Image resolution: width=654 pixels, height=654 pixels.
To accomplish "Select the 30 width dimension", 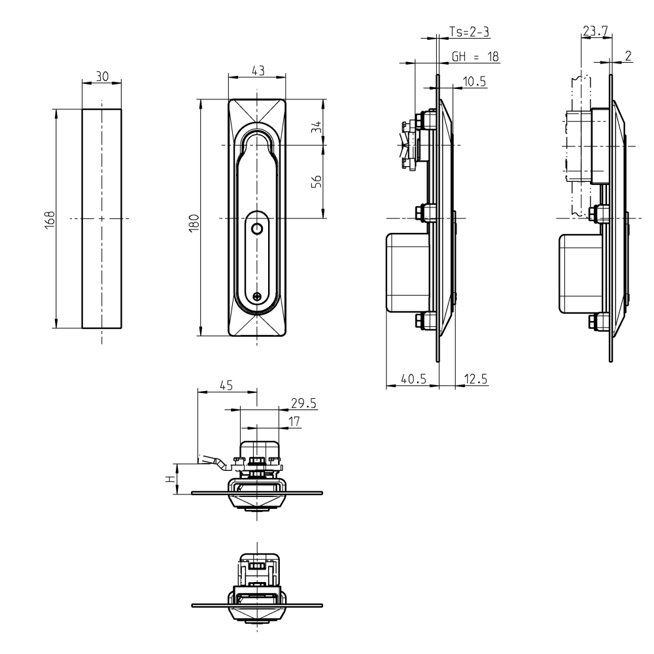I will (102, 77).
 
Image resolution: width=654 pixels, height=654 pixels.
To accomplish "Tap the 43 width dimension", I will (258, 71).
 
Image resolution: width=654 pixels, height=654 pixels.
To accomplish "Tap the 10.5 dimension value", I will (473, 81).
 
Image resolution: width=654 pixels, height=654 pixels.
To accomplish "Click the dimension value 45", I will (226, 386).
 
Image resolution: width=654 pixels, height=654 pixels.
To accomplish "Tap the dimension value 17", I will (294, 422).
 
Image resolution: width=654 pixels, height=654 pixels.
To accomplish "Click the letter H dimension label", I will (171, 479).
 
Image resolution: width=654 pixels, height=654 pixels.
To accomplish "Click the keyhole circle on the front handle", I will (257, 228).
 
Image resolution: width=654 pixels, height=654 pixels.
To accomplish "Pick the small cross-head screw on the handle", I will (258, 296).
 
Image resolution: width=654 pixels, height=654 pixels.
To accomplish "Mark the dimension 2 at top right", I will (628, 56).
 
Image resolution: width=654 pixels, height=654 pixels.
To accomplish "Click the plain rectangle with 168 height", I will (102, 262).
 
